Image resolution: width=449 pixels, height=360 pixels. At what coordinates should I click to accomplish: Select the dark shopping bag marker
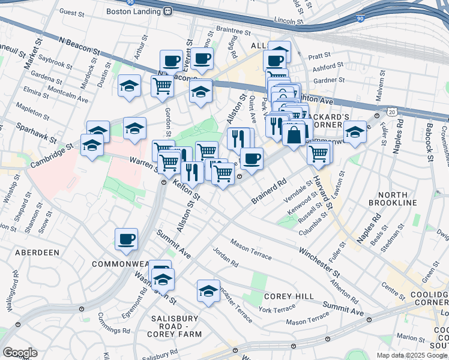tap(294, 134)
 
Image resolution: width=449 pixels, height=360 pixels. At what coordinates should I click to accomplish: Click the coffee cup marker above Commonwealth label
tap(127, 239)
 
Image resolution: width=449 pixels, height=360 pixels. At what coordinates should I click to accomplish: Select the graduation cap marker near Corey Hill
tap(208, 291)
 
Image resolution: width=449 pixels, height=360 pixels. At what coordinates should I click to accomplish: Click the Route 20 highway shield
tap(392, 112)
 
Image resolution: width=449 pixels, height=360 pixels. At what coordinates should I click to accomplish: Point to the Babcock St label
tap(430, 143)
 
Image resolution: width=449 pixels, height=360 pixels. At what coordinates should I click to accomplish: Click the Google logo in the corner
tap(19, 353)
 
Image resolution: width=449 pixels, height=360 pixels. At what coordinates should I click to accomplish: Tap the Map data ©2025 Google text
tap(412, 355)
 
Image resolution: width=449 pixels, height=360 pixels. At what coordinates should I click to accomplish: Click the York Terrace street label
tap(278, 310)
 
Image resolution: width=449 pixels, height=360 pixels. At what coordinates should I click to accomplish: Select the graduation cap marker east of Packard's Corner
tap(355, 132)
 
